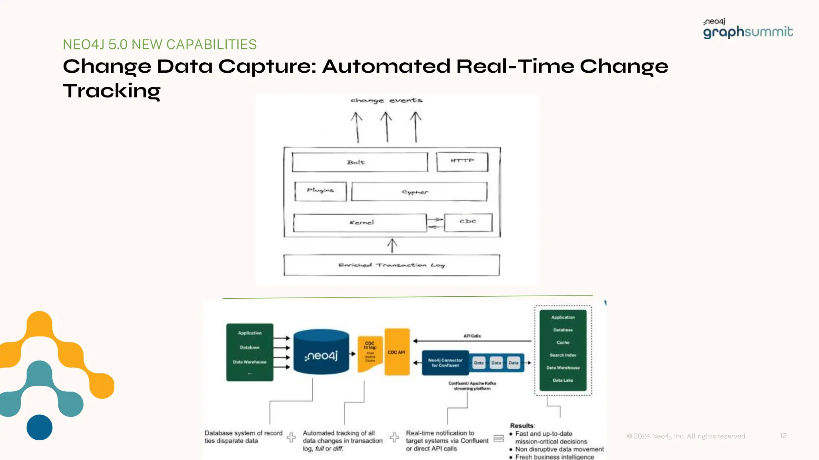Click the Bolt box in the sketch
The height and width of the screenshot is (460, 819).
click(360, 162)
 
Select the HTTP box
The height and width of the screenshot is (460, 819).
click(462, 162)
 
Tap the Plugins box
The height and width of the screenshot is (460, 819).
click(320, 191)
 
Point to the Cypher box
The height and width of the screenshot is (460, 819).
click(419, 192)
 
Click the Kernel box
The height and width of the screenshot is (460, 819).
click(360, 223)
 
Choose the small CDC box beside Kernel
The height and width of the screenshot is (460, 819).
click(468, 222)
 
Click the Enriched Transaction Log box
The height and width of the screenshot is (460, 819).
click(392, 265)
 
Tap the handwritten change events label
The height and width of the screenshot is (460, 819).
click(386, 100)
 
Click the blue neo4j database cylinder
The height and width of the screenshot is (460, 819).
click(321, 352)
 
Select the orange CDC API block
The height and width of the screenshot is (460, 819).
click(397, 352)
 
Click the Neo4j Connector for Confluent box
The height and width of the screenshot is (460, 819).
click(445, 363)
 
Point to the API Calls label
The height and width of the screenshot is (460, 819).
click(472, 336)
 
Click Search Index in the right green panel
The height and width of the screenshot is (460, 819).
click(563, 355)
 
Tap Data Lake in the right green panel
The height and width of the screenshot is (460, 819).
click(563, 380)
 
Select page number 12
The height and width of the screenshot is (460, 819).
click(783, 436)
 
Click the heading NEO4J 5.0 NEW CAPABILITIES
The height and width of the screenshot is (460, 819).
click(160, 44)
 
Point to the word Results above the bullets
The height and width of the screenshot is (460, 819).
click(522, 426)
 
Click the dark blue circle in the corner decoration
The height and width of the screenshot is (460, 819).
click(40, 427)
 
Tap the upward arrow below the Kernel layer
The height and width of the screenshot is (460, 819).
click(392, 246)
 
